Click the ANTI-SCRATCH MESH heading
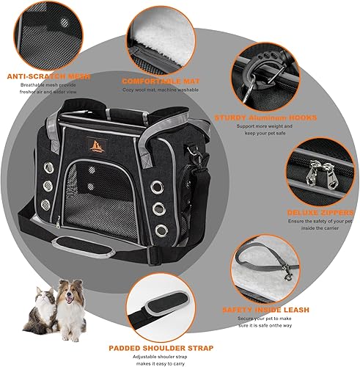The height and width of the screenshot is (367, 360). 44,75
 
